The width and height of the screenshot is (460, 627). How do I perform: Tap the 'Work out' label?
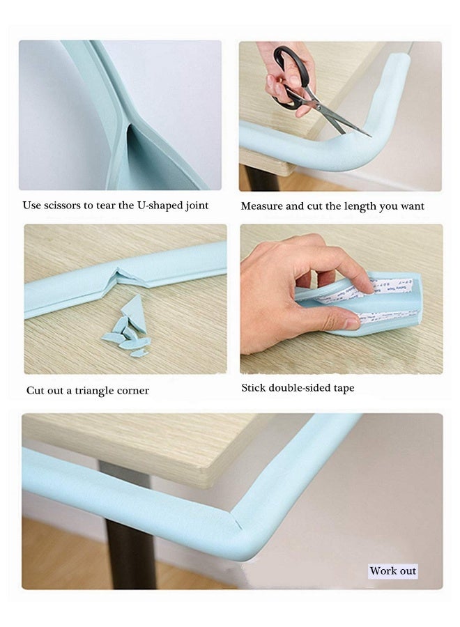[x=392, y=571]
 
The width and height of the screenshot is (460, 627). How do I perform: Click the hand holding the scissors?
[x=286, y=77]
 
